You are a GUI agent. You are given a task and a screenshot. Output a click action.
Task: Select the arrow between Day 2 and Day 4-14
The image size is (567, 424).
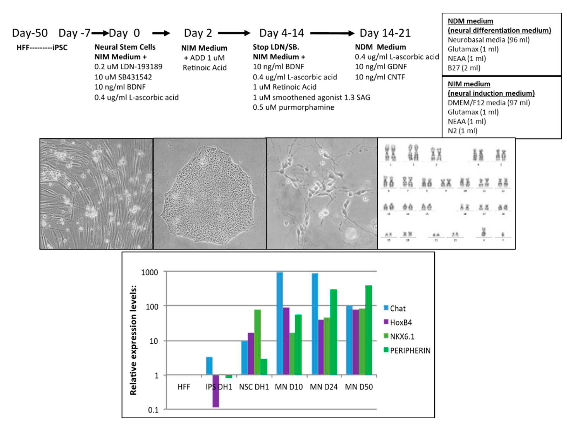pyautogui.click(x=234, y=33)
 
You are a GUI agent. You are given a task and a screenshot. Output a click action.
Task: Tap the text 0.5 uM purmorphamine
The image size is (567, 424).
pyautogui.click(x=293, y=107)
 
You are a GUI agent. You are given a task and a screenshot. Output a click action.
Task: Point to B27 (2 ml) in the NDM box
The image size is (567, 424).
pyautogui.click(x=464, y=68)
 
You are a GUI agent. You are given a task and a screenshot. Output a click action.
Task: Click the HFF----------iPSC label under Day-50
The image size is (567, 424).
pyautogui.click(x=42, y=48)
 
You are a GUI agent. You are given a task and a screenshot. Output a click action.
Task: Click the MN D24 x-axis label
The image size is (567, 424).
pyautogui.click(x=324, y=387)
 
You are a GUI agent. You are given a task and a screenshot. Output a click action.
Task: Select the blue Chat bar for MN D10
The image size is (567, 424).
pyautogui.click(x=280, y=323)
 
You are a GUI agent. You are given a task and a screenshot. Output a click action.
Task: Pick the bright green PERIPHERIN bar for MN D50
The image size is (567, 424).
pyautogui.click(x=368, y=330)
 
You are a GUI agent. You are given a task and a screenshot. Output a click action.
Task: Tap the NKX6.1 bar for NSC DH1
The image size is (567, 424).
pyautogui.click(x=257, y=342)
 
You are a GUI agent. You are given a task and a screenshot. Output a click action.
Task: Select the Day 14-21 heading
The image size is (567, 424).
pyautogui.click(x=385, y=33)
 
